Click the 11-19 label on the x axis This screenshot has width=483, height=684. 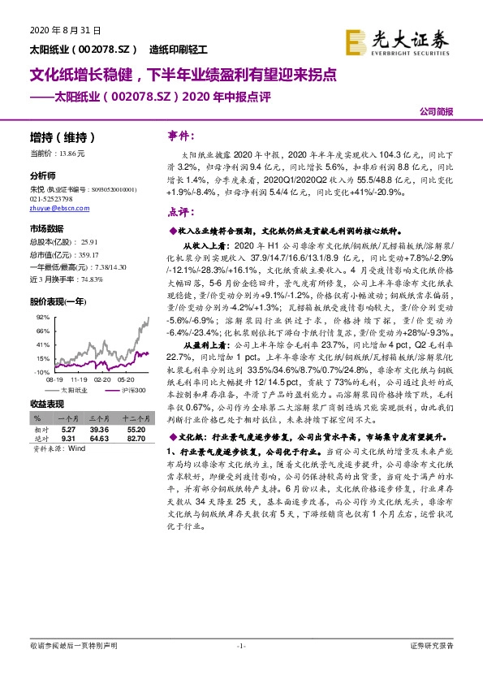(80, 379)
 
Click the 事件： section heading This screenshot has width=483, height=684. (182, 135)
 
